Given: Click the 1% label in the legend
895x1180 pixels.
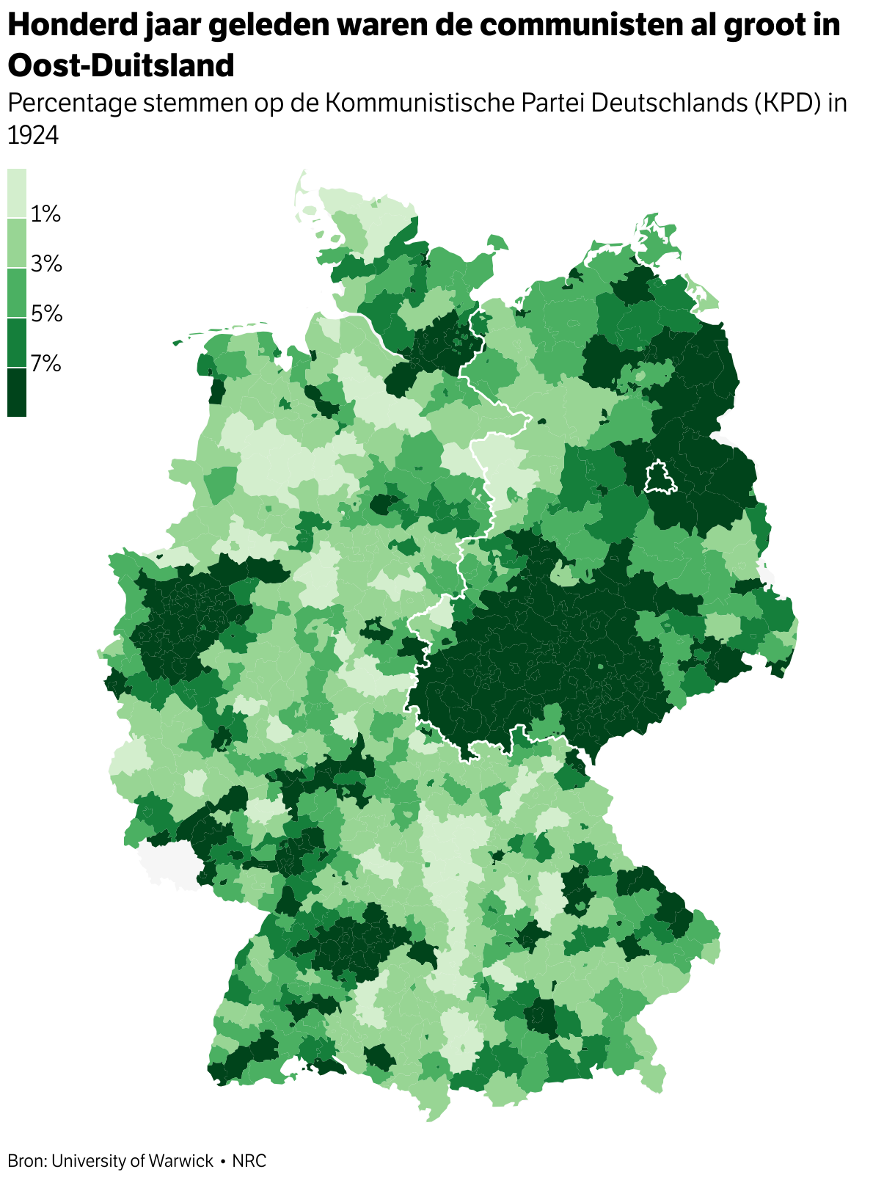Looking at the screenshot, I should [45, 214].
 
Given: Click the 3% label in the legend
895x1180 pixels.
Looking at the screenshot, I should [45, 263].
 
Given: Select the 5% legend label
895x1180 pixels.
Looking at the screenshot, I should [45, 313].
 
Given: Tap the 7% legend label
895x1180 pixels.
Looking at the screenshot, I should [45, 363].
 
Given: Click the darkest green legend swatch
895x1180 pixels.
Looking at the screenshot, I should [17, 392].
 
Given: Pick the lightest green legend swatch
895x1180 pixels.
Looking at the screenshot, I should [17, 193].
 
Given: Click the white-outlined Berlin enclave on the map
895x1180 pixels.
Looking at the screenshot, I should [660, 478].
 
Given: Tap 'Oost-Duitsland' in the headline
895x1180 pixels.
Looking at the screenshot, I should [121, 65].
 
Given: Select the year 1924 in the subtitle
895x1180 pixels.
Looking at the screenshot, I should [33, 135].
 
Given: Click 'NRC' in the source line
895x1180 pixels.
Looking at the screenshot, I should [249, 1161].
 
